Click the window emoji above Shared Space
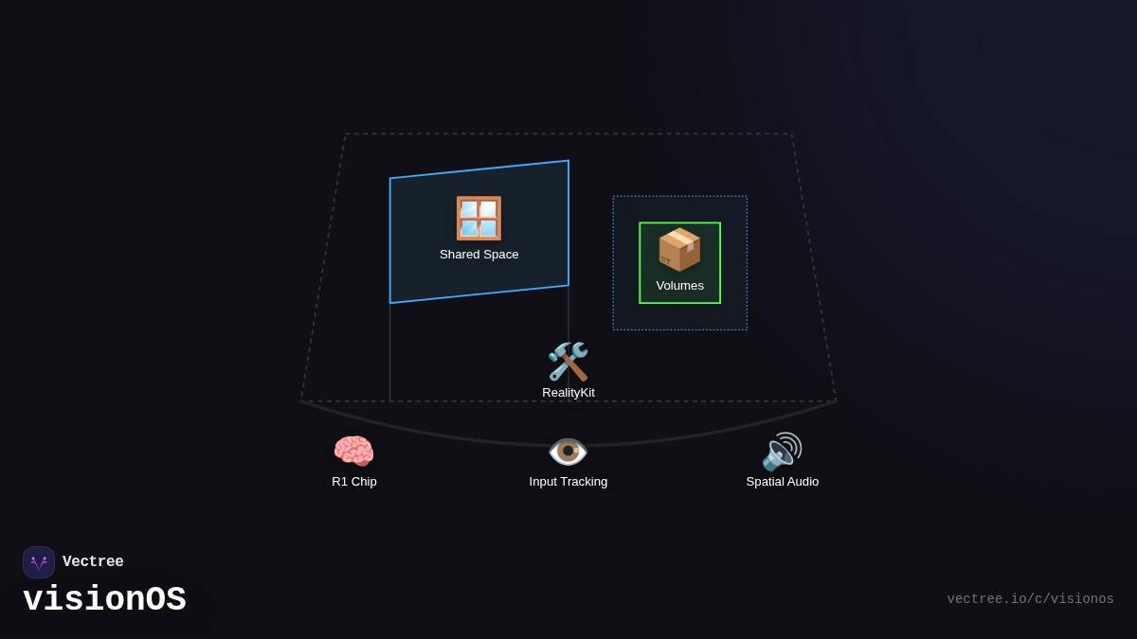pyautogui.click(x=478, y=219)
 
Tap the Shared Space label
pyautogui.click(x=478, y=255)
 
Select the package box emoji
pyautogui.click(x=679, y=250)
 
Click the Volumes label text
pyautogui.click(x=679, y=286)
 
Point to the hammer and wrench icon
pyautogui.click(x=568, y=362)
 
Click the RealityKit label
pyautogui.click(x=568, y=393)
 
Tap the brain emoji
pyautogui.click(x=353, y=452)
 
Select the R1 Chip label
pyautogui.click(x=354, y=482)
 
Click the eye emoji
pyautogui.click(x=568, y=452)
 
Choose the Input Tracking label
pyautogui.click(x=568, y=482)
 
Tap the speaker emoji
pyautogui.click(x=782, y=452)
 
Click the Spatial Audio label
pyautogui.click(x=783, y=482)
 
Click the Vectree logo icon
pyautogui.click(x=39, y=562)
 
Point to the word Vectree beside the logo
pyautogui.click(x=93, y=562)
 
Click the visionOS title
pyautogui.click(x=104, y=600)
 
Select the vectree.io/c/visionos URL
pyautogui.click(x=1030, y=599)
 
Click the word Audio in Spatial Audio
pyautogui.click(x=802, y=482)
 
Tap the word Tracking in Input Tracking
pyautogui.click(x=584, y=482)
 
